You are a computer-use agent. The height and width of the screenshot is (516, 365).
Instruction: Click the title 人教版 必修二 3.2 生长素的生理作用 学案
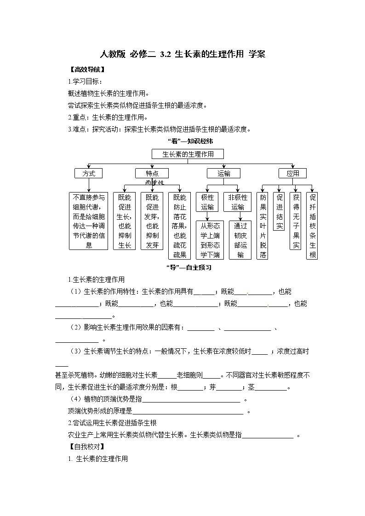182,54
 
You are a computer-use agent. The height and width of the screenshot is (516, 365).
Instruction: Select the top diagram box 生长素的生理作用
188,154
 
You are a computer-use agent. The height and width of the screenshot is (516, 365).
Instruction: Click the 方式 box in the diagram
88,173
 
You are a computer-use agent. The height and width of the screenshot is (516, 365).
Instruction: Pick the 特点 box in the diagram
152,173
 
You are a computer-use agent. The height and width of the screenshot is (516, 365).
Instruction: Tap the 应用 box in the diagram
292,173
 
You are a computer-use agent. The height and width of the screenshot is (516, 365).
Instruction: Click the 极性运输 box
207,202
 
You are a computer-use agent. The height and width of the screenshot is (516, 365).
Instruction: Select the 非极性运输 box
238,202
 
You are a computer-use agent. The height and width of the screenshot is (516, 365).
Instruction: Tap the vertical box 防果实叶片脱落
262,226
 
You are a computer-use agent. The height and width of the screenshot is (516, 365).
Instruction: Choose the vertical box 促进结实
279,211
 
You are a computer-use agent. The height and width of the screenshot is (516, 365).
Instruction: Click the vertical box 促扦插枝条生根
312,226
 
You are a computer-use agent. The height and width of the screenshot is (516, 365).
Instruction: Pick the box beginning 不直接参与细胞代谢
89,221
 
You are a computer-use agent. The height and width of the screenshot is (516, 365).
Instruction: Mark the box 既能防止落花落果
180,226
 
